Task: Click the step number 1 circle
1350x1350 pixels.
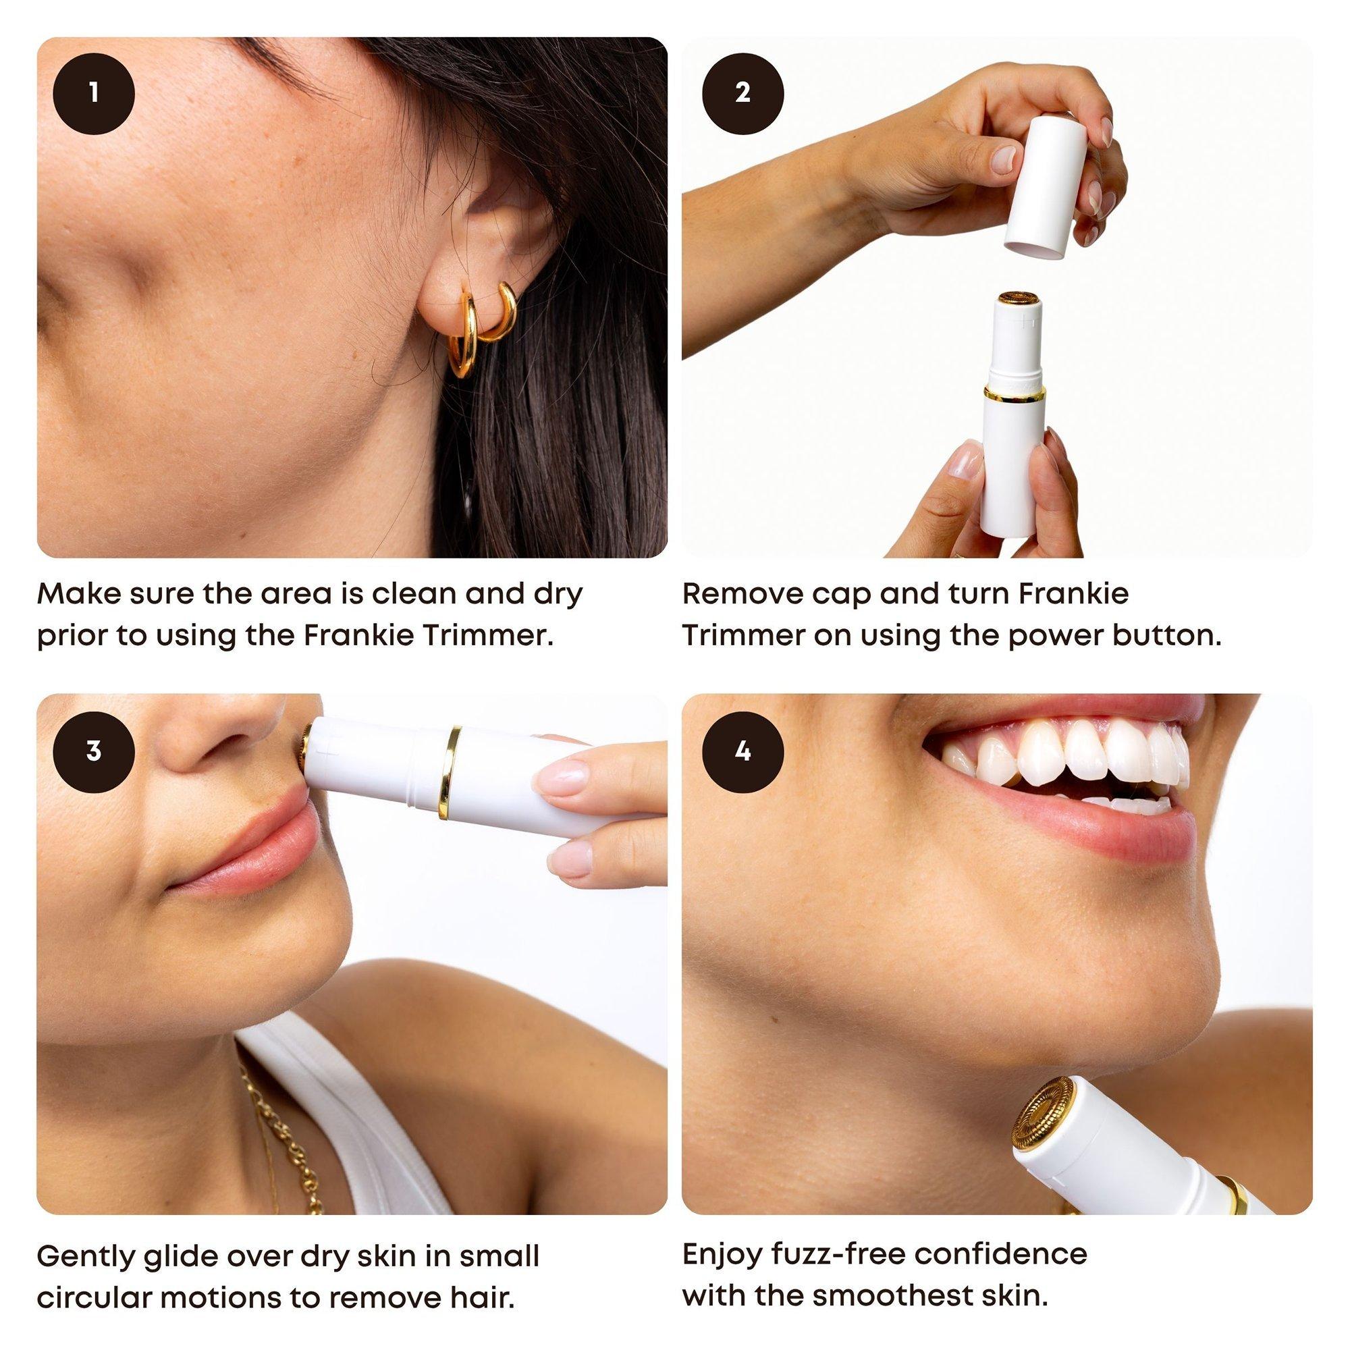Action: coord(94,93)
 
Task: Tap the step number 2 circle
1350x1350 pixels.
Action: coord(742,93)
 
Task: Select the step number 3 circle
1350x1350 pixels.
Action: coord(94,751)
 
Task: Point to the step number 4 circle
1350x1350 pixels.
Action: coord(742,751)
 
